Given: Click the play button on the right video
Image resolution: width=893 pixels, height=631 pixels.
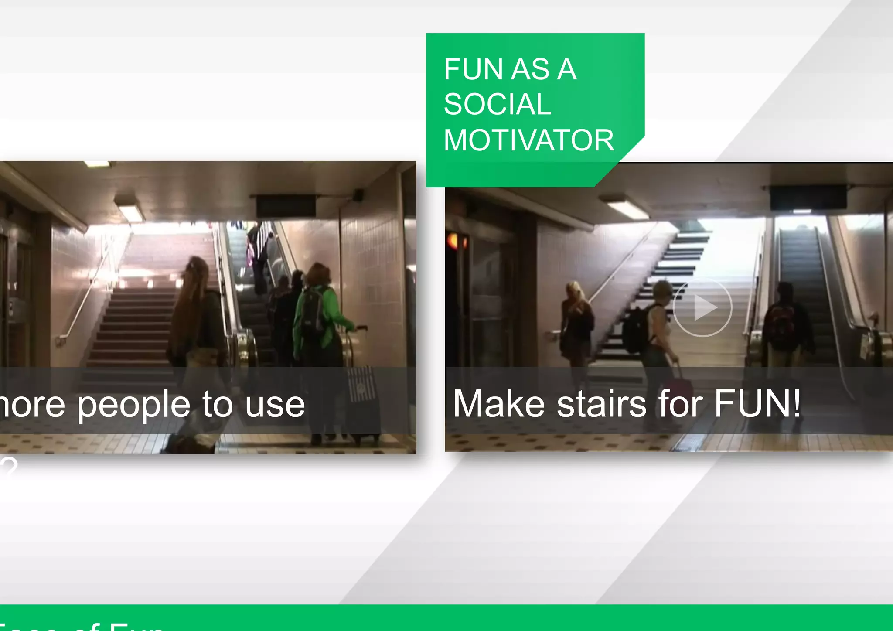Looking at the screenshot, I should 702,307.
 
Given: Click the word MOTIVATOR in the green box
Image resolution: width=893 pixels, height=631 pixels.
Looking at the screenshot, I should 528,140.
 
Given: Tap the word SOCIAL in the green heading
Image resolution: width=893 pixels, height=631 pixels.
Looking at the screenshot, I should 498,105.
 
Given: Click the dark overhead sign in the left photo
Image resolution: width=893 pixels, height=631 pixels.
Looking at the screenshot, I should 286,205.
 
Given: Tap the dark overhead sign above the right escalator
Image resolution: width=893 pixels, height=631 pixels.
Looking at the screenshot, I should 808,198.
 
